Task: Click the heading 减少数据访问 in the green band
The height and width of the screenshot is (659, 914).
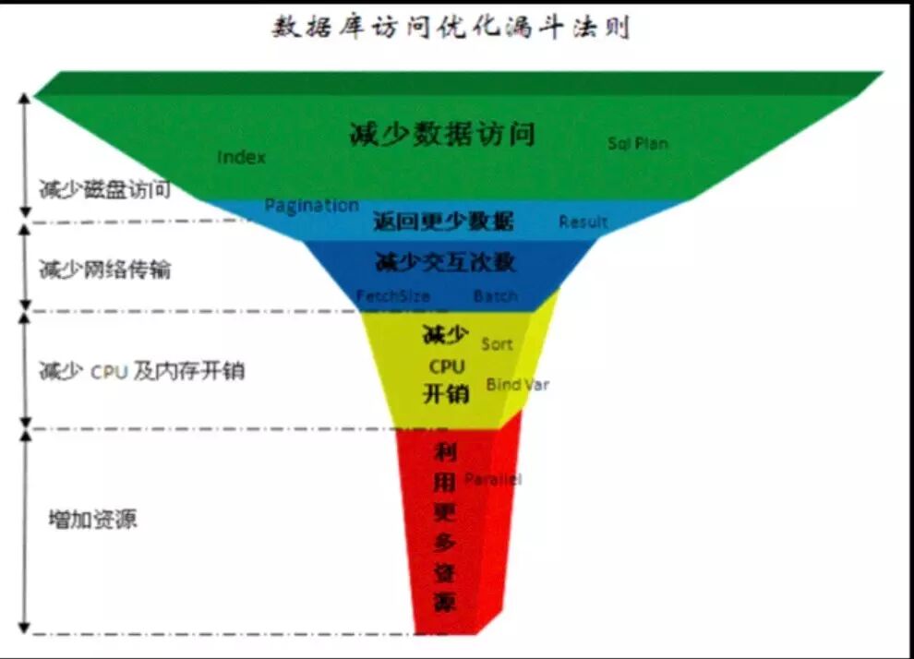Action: (x=442, y=134)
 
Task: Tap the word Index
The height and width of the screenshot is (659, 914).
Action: (x=241, y=157)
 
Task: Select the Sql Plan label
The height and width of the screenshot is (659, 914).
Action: (x=637, y=143)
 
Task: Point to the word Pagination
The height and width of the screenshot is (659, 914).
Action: (x=311, y=205)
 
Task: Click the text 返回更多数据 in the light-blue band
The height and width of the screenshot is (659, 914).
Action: (x=443, y=222)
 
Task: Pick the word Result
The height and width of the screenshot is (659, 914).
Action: (x=583, y=222)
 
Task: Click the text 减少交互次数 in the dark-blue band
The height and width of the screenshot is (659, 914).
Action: (x=445, y=262)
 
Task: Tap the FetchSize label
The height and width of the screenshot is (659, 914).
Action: (x=392, y=296)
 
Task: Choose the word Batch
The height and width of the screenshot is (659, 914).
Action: (x=496, y=296)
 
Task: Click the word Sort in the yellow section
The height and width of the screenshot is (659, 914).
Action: (x=497, y=344)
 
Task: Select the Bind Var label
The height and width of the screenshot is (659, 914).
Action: (x=517, y=384)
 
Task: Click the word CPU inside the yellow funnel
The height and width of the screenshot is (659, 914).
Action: (x=446, y=366)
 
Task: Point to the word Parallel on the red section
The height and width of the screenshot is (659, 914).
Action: (x=492, y=479)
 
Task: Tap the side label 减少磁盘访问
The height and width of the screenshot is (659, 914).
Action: (x=104, y=191)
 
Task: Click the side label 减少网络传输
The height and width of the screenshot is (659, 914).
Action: (x=104, y=270)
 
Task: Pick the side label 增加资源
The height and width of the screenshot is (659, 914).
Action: (x=92, y=519)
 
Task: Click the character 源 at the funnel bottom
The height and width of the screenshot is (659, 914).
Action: (x=445, y=604)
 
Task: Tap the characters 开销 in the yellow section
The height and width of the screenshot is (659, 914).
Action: (x=446, y=394)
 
